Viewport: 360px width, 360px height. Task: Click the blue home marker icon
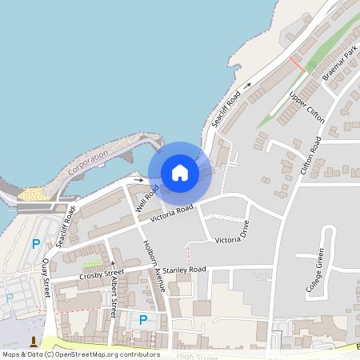(180, 173)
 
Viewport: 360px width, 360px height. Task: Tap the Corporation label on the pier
(88, 163)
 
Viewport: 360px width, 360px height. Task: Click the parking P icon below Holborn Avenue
(143, 319)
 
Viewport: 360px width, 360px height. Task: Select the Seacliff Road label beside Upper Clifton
(226, 110)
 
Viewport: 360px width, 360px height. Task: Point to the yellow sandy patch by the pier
(32, 194)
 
